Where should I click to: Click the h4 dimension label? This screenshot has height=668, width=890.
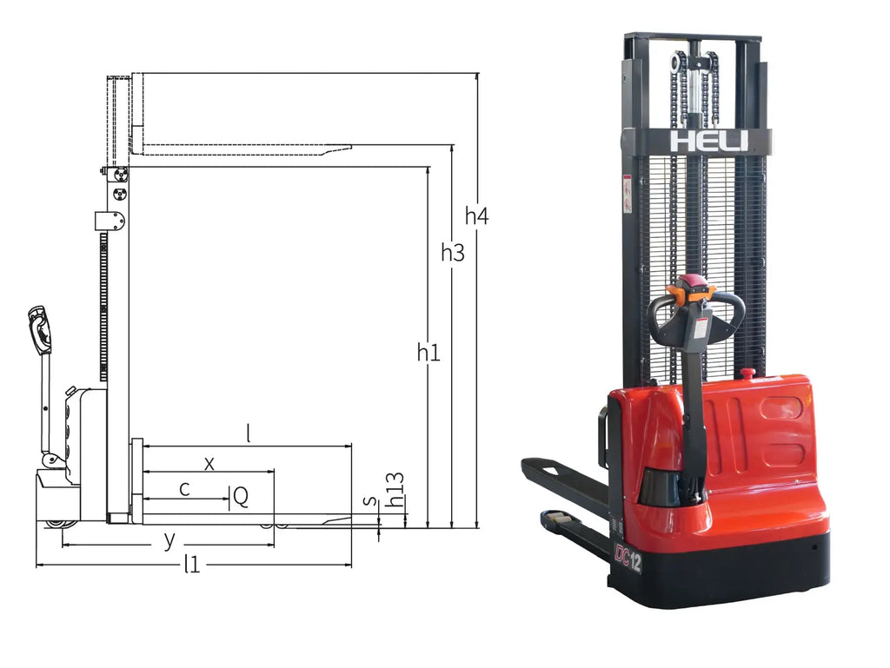(476, 216)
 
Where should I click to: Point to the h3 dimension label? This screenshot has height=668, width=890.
(452, 252)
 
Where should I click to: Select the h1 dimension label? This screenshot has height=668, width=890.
(428, 353)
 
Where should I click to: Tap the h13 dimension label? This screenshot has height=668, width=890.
(395, 490)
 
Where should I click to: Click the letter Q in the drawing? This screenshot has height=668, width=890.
(241, 497)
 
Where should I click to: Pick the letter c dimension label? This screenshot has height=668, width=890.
(184, 489)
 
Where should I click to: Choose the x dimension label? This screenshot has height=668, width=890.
(209, 464)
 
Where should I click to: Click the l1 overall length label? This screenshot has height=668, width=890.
(192, 565)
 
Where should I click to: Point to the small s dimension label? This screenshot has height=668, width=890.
(370, 500)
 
